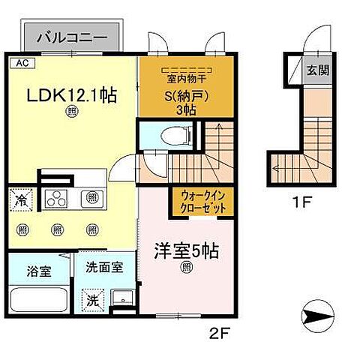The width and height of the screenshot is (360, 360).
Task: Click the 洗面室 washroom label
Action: click(x=99, y=266)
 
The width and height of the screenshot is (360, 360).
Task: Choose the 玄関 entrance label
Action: click(x=316, y=70)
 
